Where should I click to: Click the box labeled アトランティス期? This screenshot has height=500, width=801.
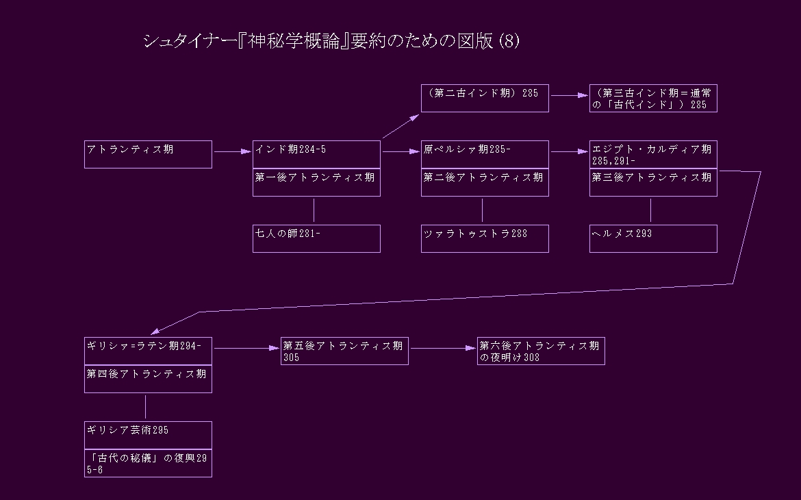[148, 154]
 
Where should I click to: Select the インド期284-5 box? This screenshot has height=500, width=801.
[316, 154]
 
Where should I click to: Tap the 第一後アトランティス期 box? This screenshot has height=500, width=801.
[316, 182]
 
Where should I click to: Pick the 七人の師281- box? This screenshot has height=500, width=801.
[316, 238]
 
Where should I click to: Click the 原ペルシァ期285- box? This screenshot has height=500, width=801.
[485, 154]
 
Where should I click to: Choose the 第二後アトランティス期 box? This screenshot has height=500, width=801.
[485, 182]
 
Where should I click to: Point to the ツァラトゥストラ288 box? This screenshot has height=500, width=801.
[485, 238]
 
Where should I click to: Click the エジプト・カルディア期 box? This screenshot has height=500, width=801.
[653, 154]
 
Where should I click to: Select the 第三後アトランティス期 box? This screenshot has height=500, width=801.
[653, 182]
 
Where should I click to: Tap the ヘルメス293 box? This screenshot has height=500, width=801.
[653, 238]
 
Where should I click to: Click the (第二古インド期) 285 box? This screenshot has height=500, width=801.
[485, 98]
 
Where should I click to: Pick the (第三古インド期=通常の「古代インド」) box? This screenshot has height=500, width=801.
[653, 98]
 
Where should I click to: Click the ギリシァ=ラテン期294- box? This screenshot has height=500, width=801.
[148, 351]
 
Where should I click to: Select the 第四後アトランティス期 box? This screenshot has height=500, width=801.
[148, 379]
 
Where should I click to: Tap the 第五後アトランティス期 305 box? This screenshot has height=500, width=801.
[344, 351]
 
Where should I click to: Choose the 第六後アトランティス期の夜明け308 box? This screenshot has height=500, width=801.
[541, 351]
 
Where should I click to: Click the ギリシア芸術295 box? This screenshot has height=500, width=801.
[148, 435]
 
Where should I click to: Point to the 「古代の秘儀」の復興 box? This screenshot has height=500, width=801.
[148, 463]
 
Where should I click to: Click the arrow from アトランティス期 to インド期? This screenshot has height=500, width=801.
[232, 151]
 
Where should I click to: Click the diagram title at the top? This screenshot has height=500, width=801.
[331, 41]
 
